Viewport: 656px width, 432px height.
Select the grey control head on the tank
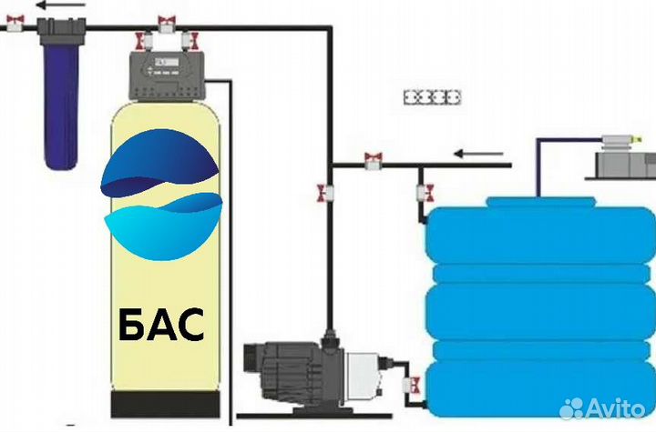click(x=169, y=75)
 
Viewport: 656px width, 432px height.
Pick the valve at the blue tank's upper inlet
click(x=425, y=192)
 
